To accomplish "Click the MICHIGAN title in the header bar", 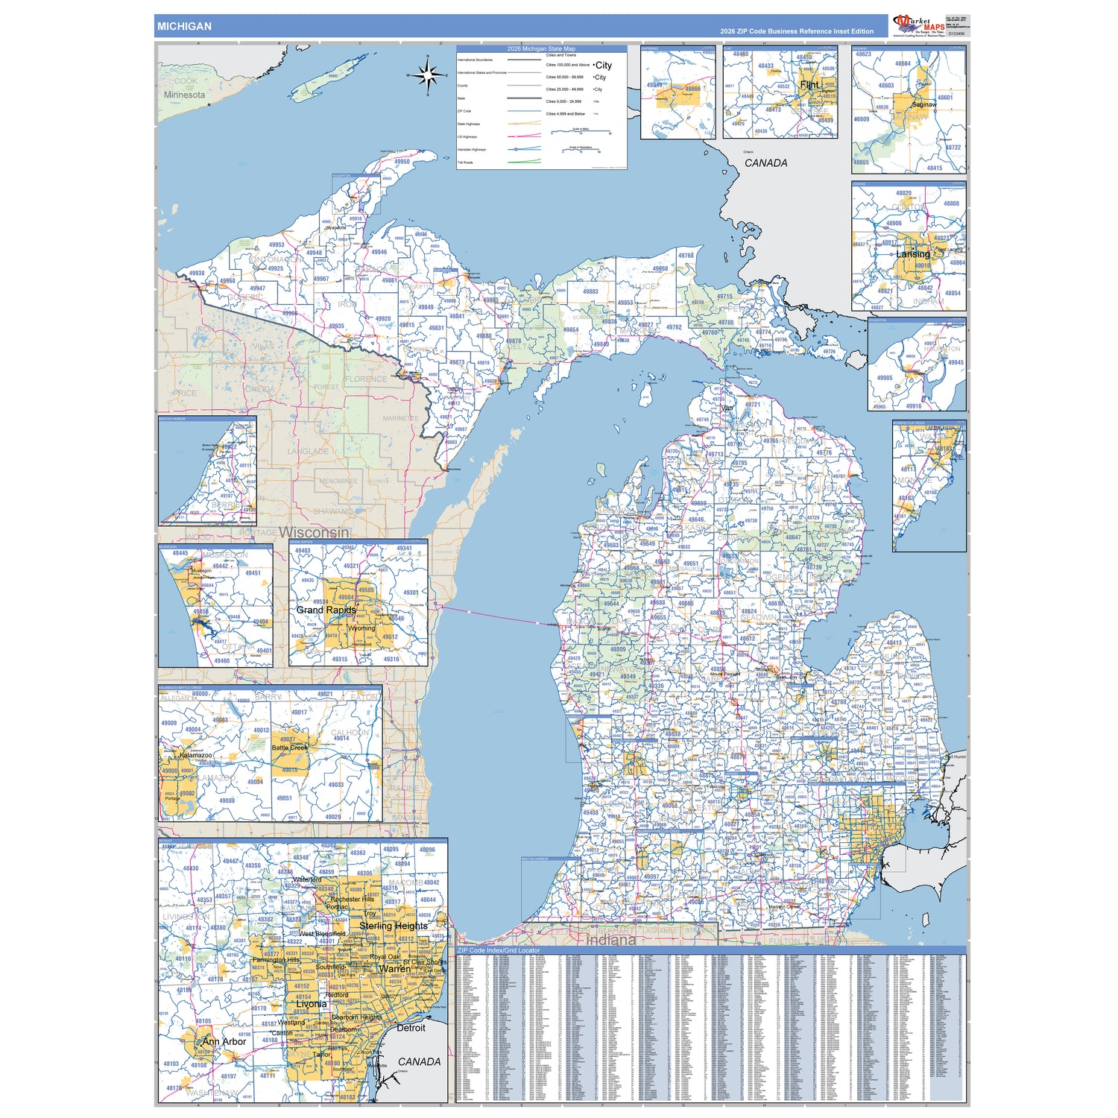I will (184, 26).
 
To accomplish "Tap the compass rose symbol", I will (428, 75).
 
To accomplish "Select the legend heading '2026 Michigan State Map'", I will (541, 48).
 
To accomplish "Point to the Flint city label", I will (809, 85).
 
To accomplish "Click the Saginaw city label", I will (923, 104).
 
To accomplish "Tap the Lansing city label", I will (912, 254).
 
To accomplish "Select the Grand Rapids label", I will (326, 610).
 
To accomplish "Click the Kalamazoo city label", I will (196, 755).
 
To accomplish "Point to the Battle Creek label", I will (289, 748).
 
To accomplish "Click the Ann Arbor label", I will (224, 1041).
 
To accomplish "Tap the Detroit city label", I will (411, 1028).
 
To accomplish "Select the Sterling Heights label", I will (394, 926).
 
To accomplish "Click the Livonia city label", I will (311, 1004).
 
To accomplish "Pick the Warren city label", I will (394, 969).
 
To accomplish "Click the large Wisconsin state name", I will (314, 532).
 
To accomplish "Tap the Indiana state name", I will (610, 940).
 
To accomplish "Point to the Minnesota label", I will (184, 95).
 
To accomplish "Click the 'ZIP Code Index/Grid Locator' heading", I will (499, 951).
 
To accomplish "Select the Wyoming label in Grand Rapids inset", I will (361, 628).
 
